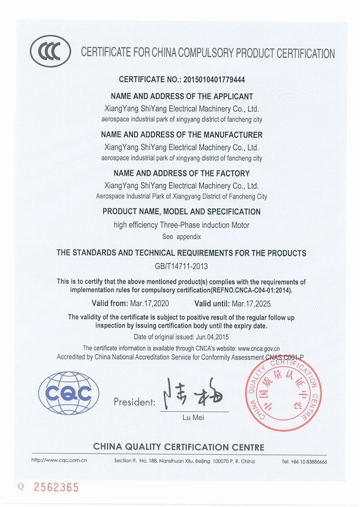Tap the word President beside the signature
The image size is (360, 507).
tap(134, 402)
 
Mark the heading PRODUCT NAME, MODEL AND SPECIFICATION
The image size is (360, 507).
tap(181, 212)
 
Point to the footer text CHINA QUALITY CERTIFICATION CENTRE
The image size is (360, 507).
tap(178, 447)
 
